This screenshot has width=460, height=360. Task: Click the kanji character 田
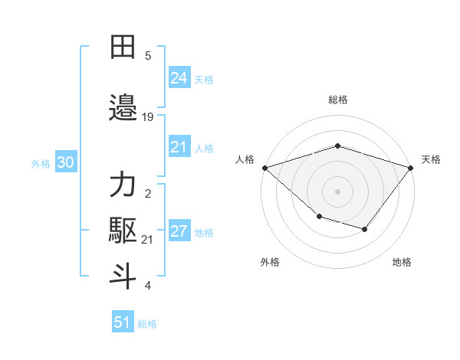tap(123, 47)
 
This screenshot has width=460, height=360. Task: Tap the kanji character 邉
tap(123, 108)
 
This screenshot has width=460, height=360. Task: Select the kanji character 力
tap(123, 185)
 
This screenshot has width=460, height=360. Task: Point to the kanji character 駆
tap(123, 231)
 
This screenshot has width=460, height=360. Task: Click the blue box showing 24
tap(179, 78)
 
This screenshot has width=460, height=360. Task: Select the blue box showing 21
tap(179, 147)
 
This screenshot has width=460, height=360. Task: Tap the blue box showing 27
tap(179, 231)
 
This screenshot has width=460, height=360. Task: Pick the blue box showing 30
tap(65, 162)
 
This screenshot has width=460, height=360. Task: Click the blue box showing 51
tap(123, 322)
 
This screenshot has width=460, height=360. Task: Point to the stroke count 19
tap(148, 117)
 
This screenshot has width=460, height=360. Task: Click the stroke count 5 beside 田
tap(148, 56)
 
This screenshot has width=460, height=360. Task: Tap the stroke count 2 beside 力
tap(148, 194)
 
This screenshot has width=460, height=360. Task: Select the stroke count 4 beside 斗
tap(148, 286)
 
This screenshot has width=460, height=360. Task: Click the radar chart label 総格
tap(337, 100)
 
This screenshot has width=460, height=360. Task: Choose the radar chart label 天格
tap(431, 159)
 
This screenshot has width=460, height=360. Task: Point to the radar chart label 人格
tap(245, 159)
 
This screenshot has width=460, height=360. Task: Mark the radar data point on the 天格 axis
tap(411, 167)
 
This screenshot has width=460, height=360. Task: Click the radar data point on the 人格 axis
tap(264, 167)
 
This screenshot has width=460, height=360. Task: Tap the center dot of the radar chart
tap(337, 191)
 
